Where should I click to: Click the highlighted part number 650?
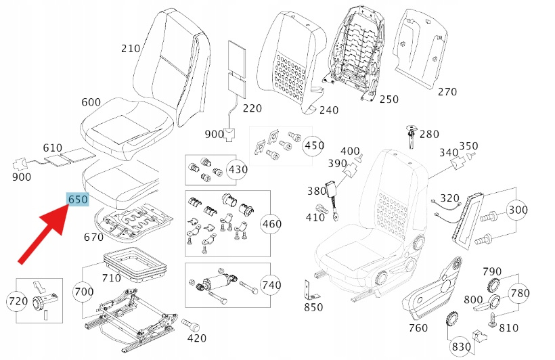point(78,200)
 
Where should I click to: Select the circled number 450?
point(313,145)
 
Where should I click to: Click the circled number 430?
point(237,169)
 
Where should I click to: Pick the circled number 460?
point(271,224)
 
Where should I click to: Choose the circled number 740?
point(271,286)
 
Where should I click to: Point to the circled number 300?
point(518,210)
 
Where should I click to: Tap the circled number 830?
point(462,346)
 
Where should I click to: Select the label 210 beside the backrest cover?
point(131,48)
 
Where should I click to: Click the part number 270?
point(447,92)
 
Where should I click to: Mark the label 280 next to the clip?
point(429,134)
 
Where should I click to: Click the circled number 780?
point(520,293)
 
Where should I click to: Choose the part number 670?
point(93,238)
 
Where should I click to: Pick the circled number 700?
point(85,292)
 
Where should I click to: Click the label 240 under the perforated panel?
point(329,110)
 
